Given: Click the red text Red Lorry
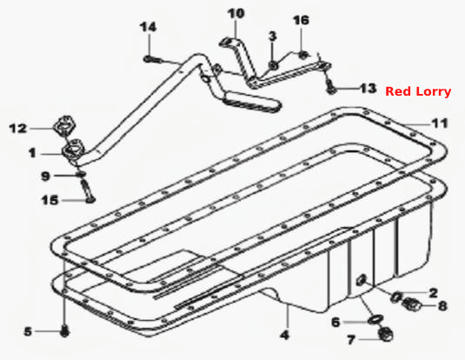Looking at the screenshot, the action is (x=418, y=91).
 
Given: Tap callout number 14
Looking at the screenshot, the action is (x=148, y=27).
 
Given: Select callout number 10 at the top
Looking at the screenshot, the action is (x=236, y=14).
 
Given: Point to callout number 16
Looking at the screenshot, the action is (x=302, y=20).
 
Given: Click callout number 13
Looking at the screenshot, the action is (x=368, y=89).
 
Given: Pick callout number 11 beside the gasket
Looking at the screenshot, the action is (x=439, y=123).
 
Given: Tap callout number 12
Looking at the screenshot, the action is (x=18, y=129).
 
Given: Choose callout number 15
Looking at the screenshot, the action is (x=50, y=200).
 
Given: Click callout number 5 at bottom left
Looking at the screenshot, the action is (x=28, y=331).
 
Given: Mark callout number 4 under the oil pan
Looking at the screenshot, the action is (x=284, y=335).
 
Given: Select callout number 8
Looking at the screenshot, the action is (x=442, y=306).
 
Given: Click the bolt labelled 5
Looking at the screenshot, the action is (x=64, y=331).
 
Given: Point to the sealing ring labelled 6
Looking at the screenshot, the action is (x=375, y=320).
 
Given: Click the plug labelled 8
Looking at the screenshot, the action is (x=412, y=303).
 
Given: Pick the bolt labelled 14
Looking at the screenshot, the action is (x=152, y=59).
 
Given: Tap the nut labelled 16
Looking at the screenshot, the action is (x=302, y=55).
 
